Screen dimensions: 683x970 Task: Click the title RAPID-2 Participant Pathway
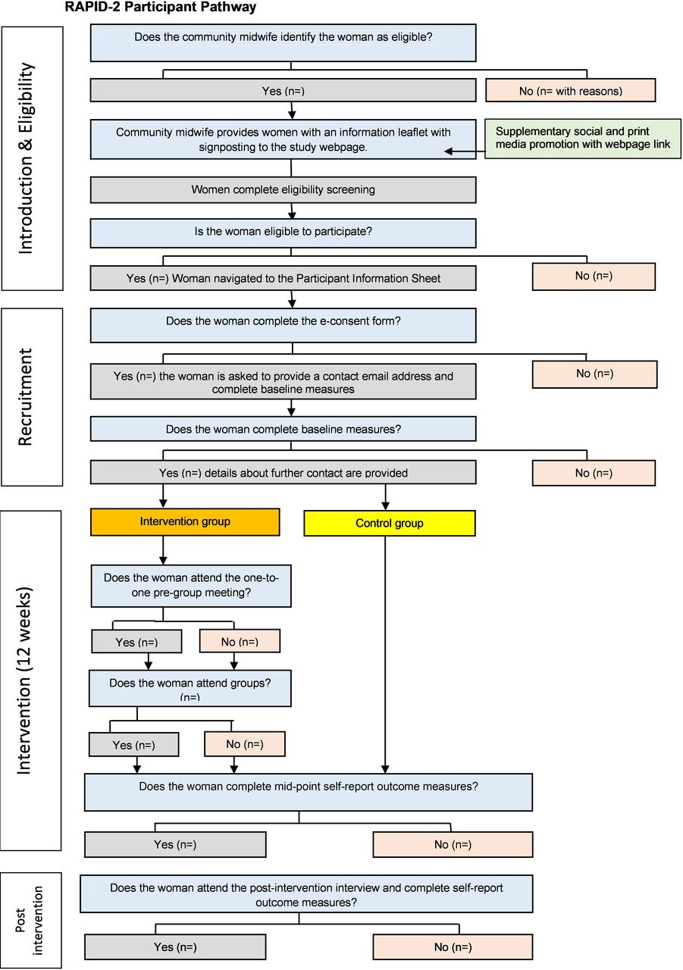point(160,7)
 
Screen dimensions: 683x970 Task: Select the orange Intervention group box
point(185,522)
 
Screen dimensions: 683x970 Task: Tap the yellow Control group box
point(390,523)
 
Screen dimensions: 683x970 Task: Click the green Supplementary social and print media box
point(582,139)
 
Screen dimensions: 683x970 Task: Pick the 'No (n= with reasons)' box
point(570,90)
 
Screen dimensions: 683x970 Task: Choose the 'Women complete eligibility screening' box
point(283,189)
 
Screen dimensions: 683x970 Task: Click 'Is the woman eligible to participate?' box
point(283,233)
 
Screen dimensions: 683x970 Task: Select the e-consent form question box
point(283,325)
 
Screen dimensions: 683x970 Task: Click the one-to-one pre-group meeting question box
point(191,586)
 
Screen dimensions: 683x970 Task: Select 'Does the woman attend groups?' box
point(190,688)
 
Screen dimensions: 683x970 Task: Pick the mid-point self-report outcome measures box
point(309,792)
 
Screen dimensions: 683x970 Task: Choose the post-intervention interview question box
point(306,894)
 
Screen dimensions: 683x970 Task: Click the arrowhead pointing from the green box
point(449,151)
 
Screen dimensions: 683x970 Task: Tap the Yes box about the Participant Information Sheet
point(283,278)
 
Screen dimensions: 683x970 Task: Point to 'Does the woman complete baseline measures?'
point(283,429)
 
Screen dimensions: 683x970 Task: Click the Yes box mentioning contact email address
point(283,381)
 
